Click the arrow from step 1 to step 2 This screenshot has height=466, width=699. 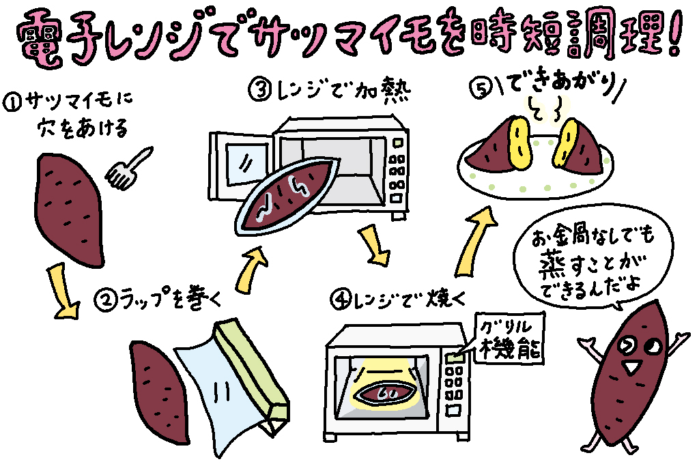(x=61, y=292)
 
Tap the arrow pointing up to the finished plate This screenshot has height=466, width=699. (x=478, y=239)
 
